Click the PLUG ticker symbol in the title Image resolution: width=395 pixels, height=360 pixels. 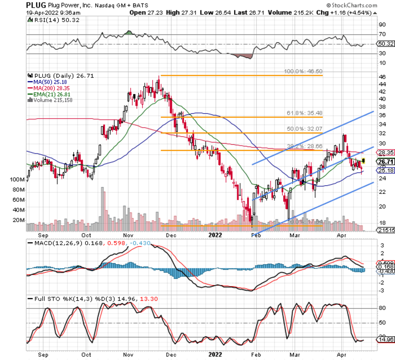pyautogui.click(x=36, y=5)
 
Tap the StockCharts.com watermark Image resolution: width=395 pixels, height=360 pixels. pyautogui.click(x=352, y=5)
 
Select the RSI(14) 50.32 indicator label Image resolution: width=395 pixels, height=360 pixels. pyautogui.click(x=54, y=20)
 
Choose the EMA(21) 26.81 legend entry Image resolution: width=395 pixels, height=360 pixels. pyautogui.click(x=52, y=94)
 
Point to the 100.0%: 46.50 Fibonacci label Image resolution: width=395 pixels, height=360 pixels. pyautogui.click(x=303, y=71)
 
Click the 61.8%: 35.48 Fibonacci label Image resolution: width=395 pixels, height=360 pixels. pyautogui.click(x=304, y=113)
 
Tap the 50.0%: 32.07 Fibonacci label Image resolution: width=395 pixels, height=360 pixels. pyautogui.click(x=304, y=129)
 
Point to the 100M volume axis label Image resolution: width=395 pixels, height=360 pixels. pyautogui.click(x=17, y=180)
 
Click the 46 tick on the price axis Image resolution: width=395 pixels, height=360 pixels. pyautogui.click(x=382, y=77)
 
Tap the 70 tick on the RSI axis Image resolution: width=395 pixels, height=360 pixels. pyautogui.click(x=382, y=34)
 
